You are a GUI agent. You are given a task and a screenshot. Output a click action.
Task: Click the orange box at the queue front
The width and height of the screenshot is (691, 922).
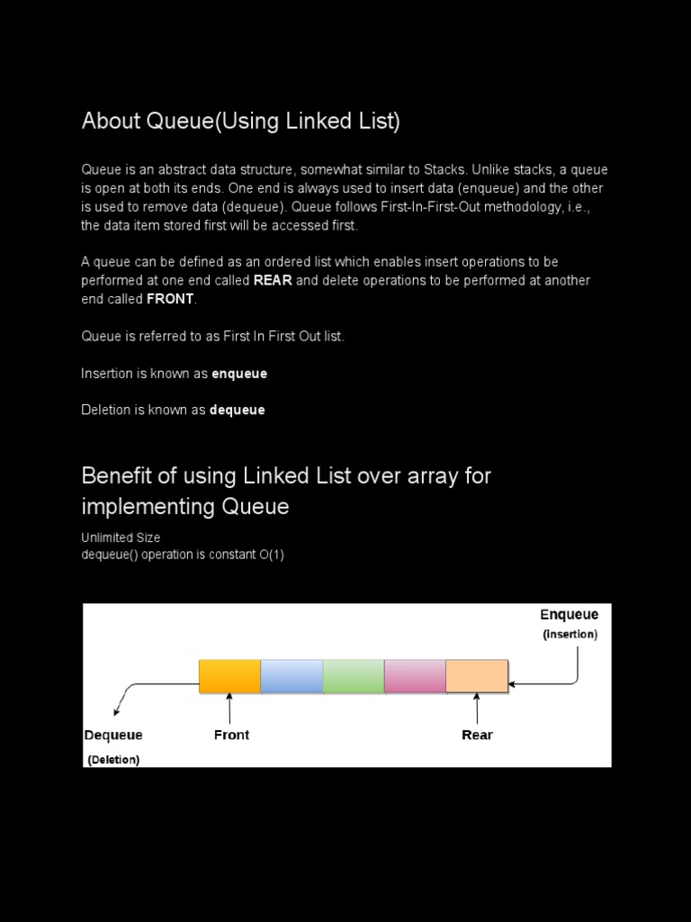(x=229, y=676)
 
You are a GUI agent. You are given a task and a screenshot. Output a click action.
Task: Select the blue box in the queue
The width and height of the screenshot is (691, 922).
(x=292, y=676)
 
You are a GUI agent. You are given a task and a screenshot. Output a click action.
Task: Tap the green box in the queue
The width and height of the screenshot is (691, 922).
(x=354, y=676)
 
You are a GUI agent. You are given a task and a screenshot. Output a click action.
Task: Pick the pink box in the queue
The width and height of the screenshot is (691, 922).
(x=415, y=676)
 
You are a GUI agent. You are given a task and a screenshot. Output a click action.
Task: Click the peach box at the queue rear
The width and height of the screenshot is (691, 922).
(x=477, y=676)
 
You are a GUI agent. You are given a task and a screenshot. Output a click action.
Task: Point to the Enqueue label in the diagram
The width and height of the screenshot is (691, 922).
(x=569, y=615)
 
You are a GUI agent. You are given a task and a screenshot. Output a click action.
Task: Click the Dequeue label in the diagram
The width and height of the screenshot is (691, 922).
(x=113, y=735)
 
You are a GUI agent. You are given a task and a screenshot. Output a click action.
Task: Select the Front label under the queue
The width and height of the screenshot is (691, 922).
(x=231, y=735)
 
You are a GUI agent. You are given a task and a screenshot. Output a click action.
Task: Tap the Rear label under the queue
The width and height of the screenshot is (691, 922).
(x=477, y=735)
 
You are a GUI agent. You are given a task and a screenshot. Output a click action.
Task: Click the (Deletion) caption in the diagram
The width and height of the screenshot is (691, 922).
(x=113, y=760)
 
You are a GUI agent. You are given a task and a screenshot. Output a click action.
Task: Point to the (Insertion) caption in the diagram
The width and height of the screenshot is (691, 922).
(x=570, y=635)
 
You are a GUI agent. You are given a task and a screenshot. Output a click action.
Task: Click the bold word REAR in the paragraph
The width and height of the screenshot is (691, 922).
(x=273, y=280)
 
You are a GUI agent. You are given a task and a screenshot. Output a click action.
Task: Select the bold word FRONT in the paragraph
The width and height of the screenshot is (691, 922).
(x=170, y=299)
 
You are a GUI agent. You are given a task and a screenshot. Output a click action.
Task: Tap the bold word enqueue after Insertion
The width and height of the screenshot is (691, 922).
(x=239, y=373)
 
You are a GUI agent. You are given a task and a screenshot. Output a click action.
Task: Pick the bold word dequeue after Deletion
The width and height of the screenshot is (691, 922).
(x=238, y=410)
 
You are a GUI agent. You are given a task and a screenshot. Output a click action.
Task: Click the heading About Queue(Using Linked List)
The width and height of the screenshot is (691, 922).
(x=240, y=122)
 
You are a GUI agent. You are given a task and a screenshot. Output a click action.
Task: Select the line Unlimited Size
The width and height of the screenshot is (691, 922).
(x=121, y=538)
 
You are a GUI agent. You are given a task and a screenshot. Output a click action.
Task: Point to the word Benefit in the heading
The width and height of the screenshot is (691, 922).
(x=115, y=475)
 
